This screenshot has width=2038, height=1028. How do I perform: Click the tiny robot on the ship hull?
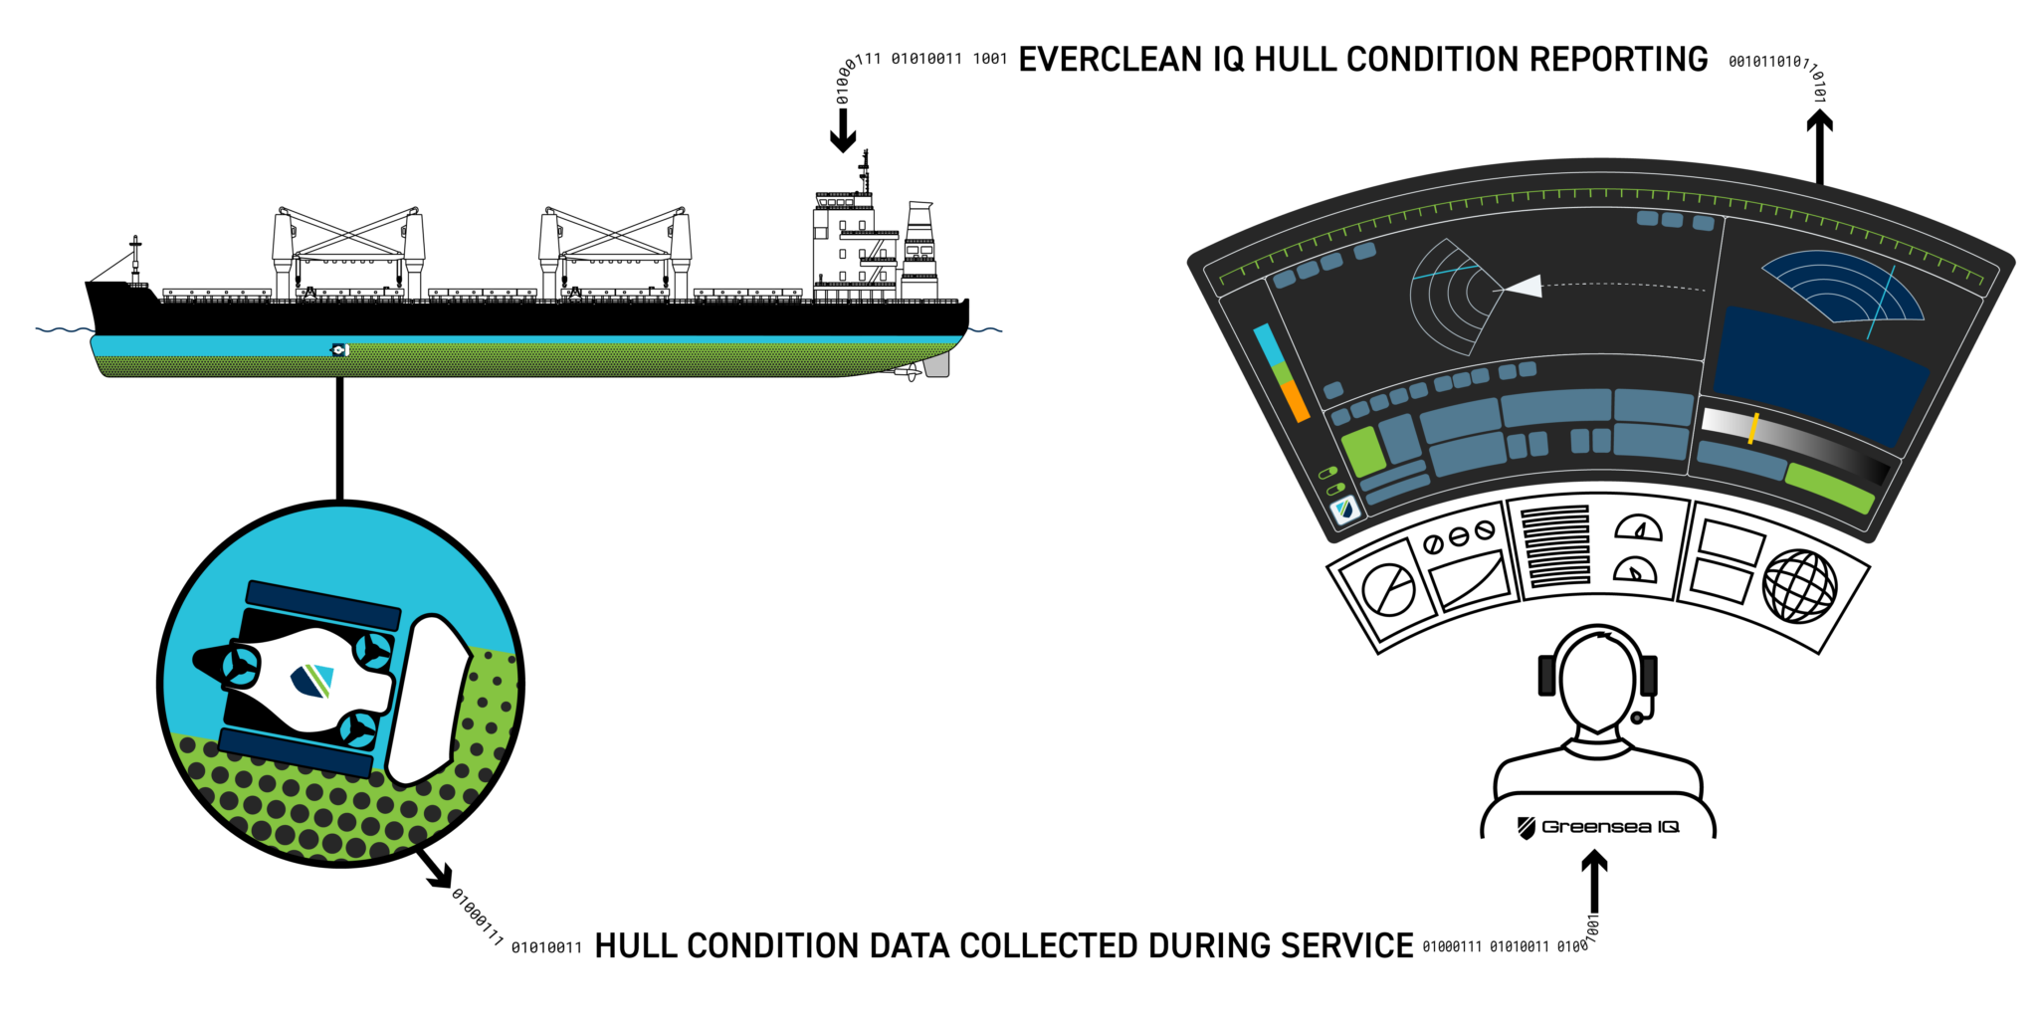(x=339, y=349)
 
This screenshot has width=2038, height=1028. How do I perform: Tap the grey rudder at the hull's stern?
(x=936, y=365)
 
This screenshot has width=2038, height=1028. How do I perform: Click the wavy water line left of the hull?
(x=64, y=329)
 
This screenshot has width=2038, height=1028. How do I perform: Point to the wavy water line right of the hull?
(x=985, y=329)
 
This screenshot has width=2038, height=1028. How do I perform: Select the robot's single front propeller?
(x=240, y=665)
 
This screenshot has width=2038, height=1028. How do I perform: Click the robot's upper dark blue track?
(x=322, y=605)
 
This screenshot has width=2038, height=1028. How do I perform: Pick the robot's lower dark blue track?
(x=296, y=752)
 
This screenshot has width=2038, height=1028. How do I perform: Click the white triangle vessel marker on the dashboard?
(x=1524, y=287)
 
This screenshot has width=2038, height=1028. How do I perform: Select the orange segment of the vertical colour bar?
(x=1296, y=401)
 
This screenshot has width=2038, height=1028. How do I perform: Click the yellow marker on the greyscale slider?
(x=1753, y=428)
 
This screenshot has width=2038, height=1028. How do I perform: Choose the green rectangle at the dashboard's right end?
(x=1829, y=488)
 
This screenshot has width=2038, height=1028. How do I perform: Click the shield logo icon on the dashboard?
(x=1345, y=511)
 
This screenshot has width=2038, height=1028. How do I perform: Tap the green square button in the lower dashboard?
(x=1362, y=451)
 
